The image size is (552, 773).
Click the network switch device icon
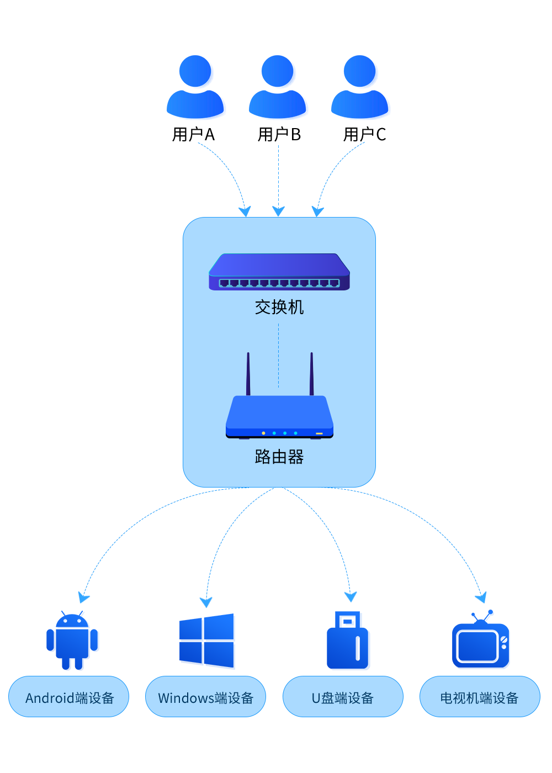279,272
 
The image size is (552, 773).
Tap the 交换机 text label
279,307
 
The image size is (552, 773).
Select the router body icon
279,417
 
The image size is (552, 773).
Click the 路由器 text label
279,457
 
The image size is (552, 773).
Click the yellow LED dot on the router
263,433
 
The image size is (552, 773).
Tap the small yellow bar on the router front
319,433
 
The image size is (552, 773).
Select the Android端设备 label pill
69,697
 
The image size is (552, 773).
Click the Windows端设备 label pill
205,697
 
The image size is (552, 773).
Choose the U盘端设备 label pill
342,697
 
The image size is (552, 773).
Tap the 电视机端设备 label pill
479,697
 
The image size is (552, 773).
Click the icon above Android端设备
72,640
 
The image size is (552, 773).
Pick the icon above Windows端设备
207,641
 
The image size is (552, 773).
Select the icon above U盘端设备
348,640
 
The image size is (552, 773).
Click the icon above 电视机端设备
480,639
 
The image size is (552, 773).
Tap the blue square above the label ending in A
197,87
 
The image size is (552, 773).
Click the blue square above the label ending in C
361,87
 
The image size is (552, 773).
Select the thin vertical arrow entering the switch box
278,177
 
